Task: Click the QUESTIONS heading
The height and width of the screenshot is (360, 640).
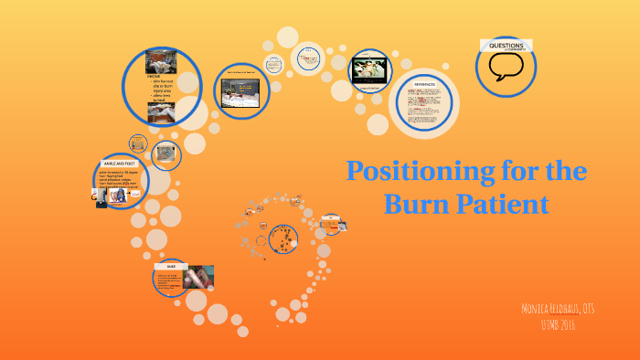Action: (506, 45)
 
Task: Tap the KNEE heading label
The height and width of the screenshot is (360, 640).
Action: (171, 266)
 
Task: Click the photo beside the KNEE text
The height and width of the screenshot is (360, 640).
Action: (197, 277)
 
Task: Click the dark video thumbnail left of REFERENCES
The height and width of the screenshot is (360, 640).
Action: (369, 69)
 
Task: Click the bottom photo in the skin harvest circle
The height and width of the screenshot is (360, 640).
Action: (161, 111)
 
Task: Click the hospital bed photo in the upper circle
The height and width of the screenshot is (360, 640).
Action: (240, 91)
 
